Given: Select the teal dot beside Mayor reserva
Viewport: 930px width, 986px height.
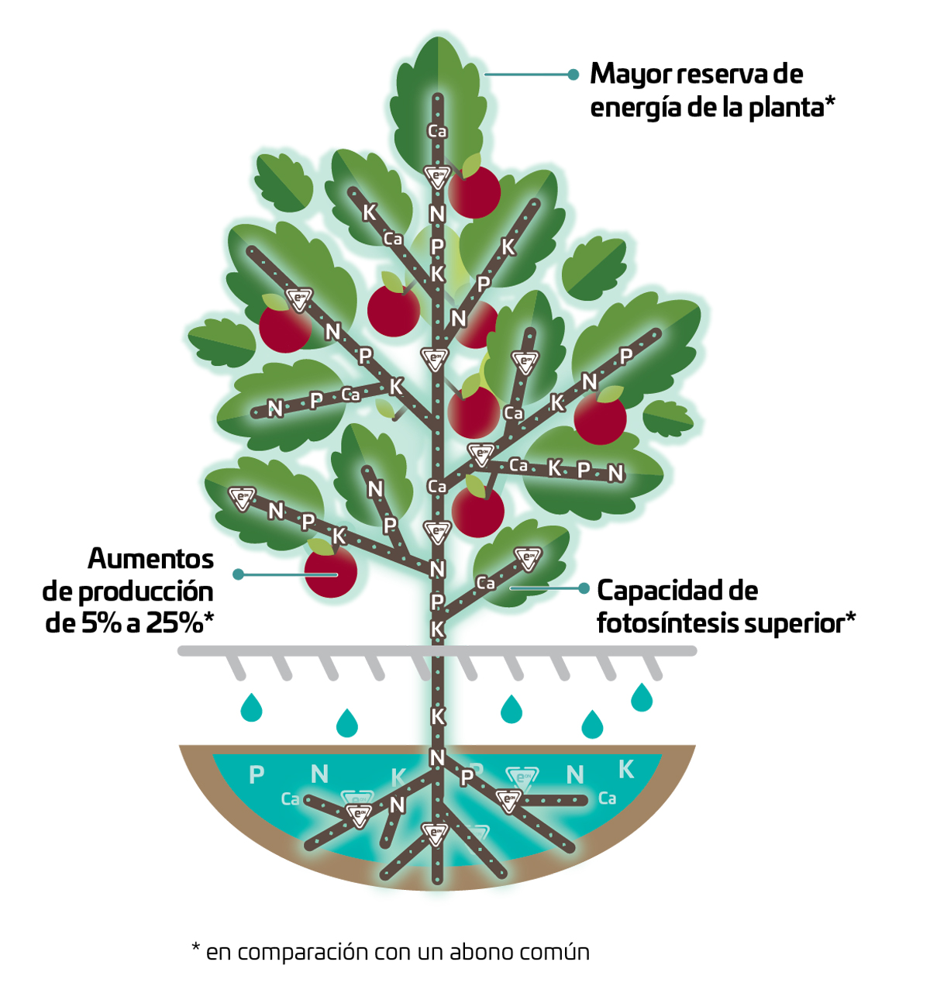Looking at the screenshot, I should pos(573,74).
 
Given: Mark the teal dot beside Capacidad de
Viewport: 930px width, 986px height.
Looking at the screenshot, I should pos(584,588).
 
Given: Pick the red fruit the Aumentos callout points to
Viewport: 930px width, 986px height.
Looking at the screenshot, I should pos(331,571).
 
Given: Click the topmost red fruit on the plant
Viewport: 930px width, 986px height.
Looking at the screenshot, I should pos(474,191).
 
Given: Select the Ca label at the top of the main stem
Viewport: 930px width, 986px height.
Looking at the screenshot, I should pos(437,132).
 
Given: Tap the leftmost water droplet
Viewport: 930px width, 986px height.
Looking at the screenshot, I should pos(251,708).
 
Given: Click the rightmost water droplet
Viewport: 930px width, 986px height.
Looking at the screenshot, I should pos(642,698).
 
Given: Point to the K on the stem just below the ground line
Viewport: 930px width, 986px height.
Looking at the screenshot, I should pos(438,716).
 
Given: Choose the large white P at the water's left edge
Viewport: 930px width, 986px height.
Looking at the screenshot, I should pos(257,774).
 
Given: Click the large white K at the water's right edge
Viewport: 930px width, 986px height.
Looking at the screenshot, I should pos(626,769).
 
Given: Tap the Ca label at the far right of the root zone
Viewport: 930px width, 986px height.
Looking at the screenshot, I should pos(608,798).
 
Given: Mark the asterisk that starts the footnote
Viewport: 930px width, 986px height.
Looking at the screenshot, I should pos(196,948).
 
